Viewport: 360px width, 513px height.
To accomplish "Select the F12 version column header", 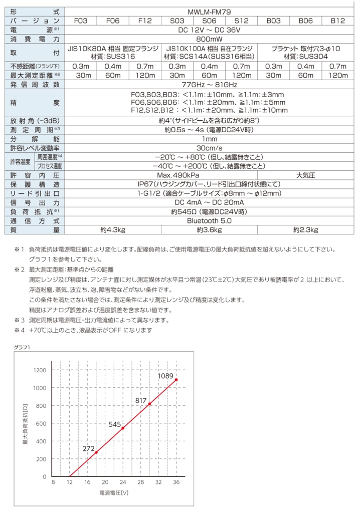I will (145, 21).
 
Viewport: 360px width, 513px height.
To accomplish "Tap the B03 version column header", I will (273, 21).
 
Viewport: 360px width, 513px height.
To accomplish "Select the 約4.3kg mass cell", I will (112, 230).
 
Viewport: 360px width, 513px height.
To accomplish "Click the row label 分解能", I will (35, 139).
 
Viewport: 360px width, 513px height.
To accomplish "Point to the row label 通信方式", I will (35, 220).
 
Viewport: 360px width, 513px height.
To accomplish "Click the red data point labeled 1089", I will (176, 380).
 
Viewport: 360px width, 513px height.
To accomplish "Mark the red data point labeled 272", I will (96, 452).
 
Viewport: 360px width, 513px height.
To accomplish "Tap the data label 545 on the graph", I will (115, 424).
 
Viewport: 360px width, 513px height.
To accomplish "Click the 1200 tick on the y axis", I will (40, 370).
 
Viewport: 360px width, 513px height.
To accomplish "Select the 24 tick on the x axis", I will (123, 482).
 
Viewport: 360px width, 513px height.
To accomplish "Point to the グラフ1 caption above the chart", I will (22, 347).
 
